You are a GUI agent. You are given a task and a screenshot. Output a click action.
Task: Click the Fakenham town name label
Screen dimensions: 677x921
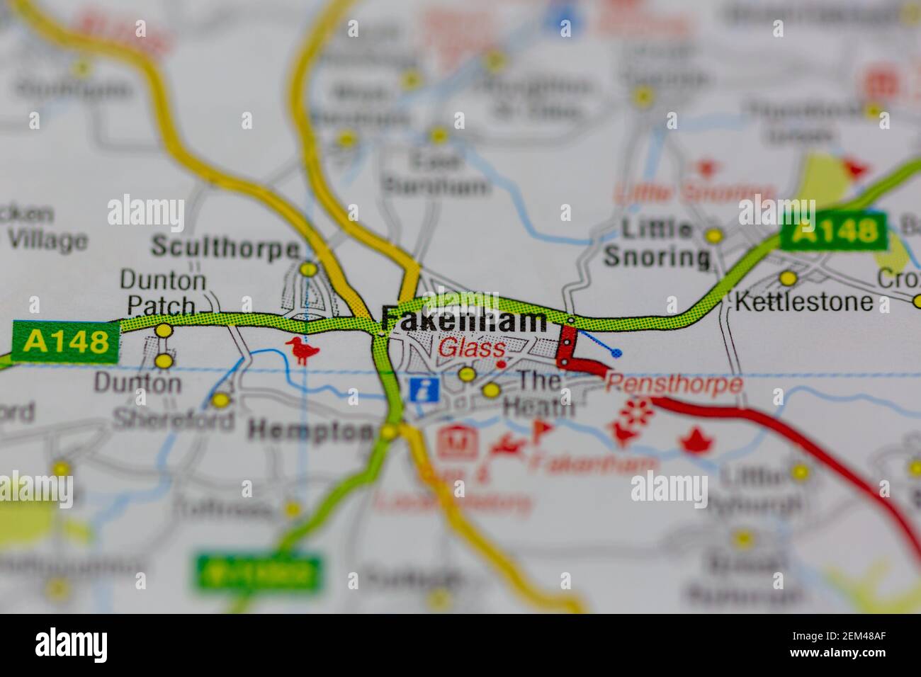(464, 320)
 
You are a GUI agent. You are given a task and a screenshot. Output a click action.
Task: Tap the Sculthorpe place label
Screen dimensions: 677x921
(225, 249)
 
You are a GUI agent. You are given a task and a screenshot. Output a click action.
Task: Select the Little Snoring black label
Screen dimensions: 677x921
(657, 243)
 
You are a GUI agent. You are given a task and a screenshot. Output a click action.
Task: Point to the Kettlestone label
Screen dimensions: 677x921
(804, 302)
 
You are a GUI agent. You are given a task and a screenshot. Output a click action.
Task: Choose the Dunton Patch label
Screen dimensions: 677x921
(162, 292)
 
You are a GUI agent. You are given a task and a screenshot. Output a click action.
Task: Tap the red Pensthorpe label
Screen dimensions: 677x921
(674, 385)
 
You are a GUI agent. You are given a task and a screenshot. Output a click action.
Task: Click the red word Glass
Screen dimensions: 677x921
(471, 348)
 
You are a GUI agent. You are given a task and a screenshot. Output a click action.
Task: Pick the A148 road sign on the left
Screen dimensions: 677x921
(66, 342)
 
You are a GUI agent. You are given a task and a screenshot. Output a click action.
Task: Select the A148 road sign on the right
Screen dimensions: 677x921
(833, 231)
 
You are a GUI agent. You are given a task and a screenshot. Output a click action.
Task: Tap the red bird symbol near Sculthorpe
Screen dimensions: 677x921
(303, 350)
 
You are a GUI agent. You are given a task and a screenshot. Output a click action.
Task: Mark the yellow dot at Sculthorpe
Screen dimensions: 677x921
(308, 269)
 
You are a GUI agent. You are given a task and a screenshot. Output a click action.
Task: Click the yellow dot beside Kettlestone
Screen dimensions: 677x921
(788, 278)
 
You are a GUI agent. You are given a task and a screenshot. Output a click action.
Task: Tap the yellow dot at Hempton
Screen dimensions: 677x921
(389, 431)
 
